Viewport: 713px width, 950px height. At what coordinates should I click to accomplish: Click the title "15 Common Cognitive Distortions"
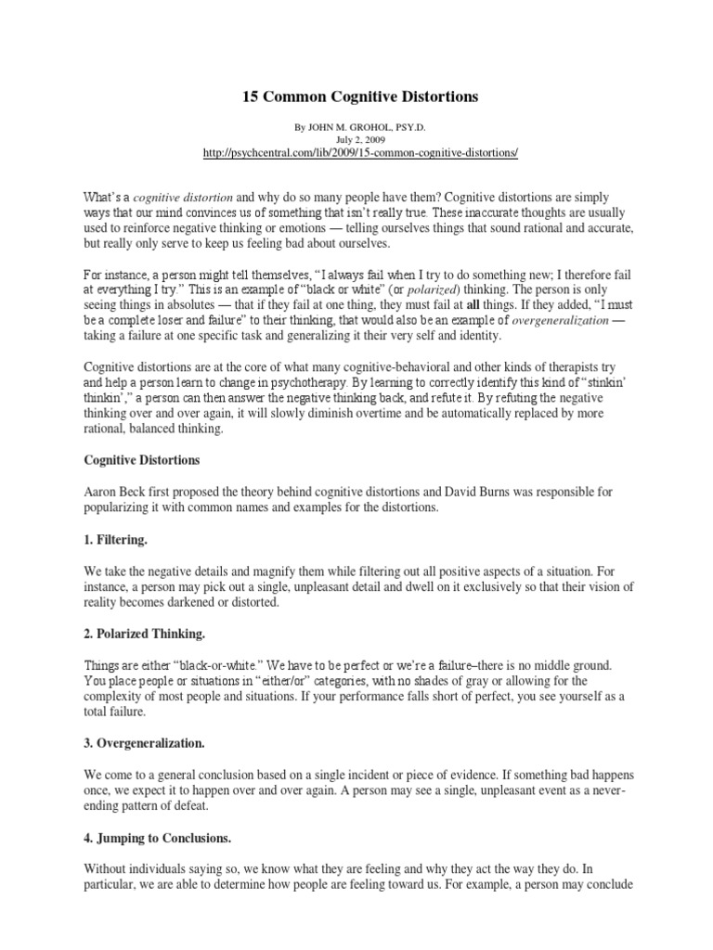pos(356,96)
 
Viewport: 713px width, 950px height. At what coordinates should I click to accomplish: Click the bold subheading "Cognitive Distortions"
pos(142,459)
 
